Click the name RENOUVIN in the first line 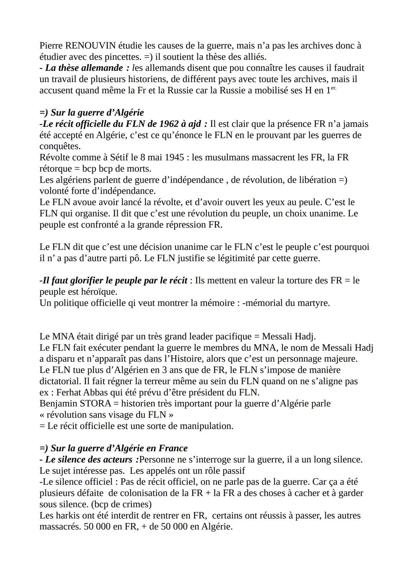click(x=90, y=46)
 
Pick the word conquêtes click(x=60, y=146)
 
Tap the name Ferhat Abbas click(x=79, y=392)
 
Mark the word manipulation click(x=206, y=426)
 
